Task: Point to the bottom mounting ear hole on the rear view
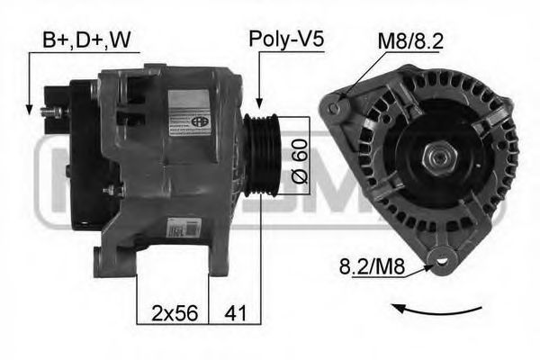[443, 262]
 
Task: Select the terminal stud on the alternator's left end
[52, 112]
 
